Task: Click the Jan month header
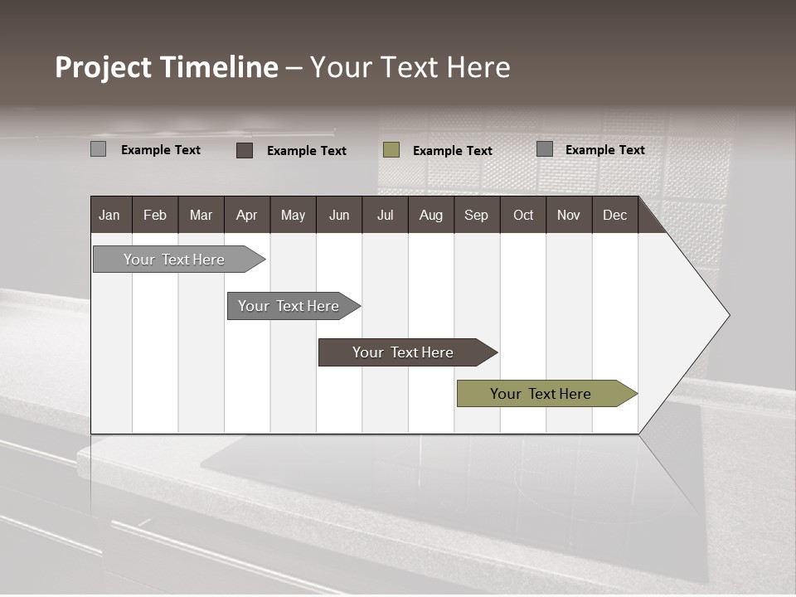coord(109,215)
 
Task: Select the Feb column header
coord(155,215)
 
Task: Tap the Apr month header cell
coord(247,215)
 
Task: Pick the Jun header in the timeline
coord(339,215)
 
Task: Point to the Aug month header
coord(431,215)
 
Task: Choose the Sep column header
coord(477,215)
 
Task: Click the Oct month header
coord(523,215)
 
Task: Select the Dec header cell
coord(615,215)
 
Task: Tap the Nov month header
coord(569,215)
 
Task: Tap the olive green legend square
coord(391,149)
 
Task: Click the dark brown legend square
coord(245,150)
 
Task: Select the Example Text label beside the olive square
coord(453,151)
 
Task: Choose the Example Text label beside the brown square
coord(307,151)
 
